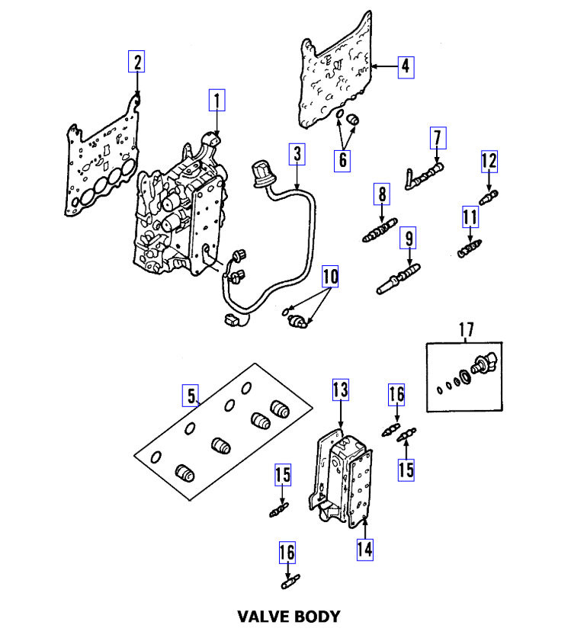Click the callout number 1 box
pos(217,100)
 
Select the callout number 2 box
pos(136,61)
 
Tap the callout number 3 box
pos(297,155)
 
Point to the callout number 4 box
pos(406,66)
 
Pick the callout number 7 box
pos(437,139)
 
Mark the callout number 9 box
pos(409,239)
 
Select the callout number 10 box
pos(329,276)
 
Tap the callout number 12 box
pos(489,161)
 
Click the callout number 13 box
pos(340,391)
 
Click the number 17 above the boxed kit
pos(466,330)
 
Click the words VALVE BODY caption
pos(288,616)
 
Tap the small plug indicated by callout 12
pos(486,197)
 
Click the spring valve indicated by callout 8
pos(379,230)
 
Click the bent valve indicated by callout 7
pos(424,175)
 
